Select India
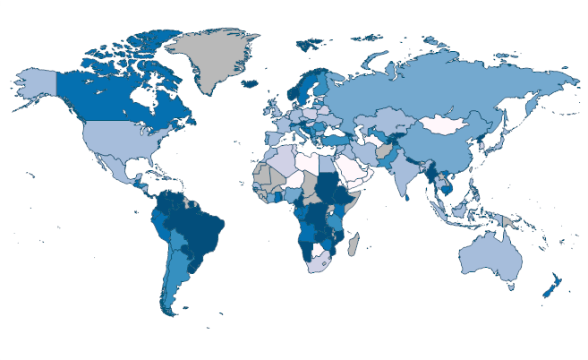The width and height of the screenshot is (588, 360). (x=407, y=170)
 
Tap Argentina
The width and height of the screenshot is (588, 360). (x=175, y=278)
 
